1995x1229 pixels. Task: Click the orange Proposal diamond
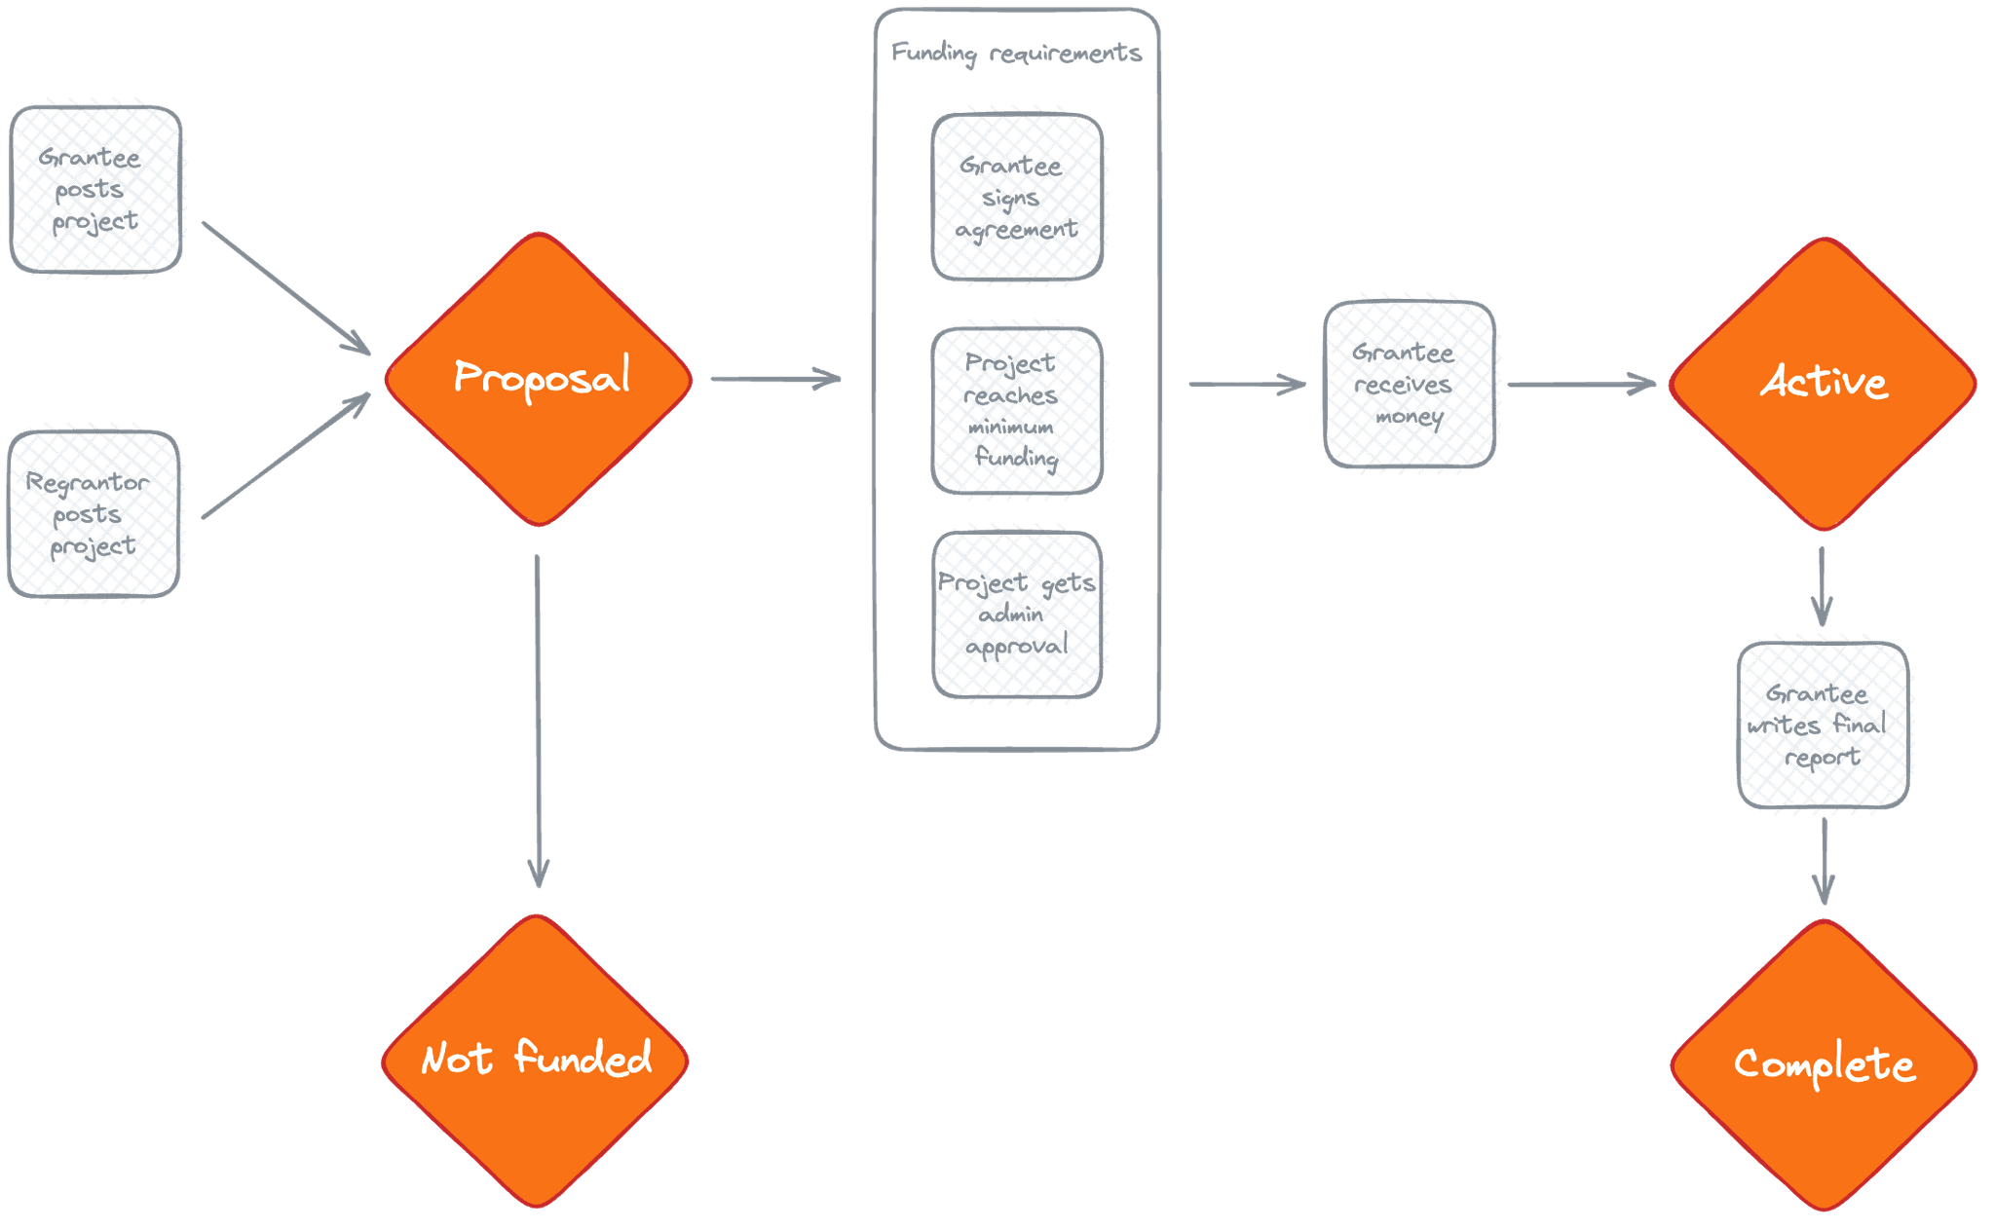539,379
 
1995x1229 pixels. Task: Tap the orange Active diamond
1823,384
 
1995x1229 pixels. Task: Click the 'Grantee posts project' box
96,189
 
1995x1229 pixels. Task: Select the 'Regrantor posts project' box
94,513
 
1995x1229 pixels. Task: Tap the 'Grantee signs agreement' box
1017,198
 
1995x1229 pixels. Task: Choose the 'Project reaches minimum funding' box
1017,410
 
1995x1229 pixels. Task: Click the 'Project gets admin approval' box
1017,614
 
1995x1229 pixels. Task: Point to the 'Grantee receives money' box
1410,385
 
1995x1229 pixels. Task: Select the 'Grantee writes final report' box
1823,725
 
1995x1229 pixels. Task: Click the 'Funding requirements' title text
1016,53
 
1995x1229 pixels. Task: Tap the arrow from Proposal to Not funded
537,721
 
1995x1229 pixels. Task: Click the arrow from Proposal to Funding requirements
774,378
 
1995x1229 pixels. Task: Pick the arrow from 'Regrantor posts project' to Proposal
284,456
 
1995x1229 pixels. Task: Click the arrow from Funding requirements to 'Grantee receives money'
1248,385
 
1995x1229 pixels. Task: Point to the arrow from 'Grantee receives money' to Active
1581,385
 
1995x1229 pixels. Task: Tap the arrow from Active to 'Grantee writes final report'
1822,587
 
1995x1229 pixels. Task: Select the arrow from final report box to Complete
1824,861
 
